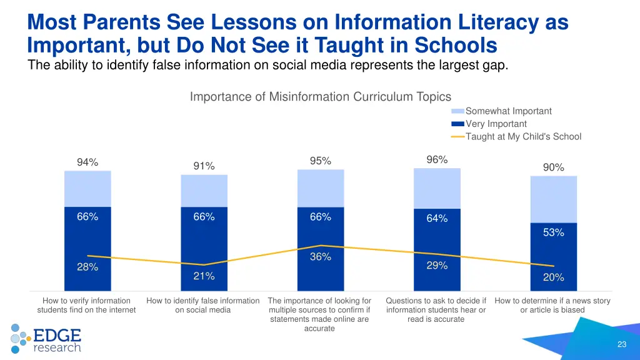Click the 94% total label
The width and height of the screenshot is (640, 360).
[x=87, y=162]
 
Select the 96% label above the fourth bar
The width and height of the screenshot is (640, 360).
[x=437, y=160]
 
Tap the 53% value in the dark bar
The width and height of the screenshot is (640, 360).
[x=553, y=232]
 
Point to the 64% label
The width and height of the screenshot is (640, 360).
[x=437, y=218]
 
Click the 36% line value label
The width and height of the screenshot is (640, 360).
[x=321, y=257]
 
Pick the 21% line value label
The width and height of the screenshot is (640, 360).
[x=204, y=276]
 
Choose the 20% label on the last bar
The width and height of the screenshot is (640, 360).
[x=553, y=277]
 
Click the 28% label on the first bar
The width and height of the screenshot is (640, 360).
[x=87, y=267]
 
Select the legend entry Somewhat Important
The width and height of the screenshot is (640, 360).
[x=508, y=111]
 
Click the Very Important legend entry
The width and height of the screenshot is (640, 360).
[x=496, y=124]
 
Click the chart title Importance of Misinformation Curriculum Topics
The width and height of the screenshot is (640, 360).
[x=320, y=96]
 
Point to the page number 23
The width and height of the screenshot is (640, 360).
[x=621, y=344]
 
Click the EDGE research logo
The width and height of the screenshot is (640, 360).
[x=47, y=338]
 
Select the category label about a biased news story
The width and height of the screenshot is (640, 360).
[x=552, y=305]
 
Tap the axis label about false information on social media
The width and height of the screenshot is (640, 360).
[x=203, y=305]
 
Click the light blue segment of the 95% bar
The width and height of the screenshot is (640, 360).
[x=321, y=188]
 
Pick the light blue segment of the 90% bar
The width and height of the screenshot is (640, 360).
[x=553, y=199]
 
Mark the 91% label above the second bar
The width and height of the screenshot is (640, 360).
[x=204, y=166]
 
